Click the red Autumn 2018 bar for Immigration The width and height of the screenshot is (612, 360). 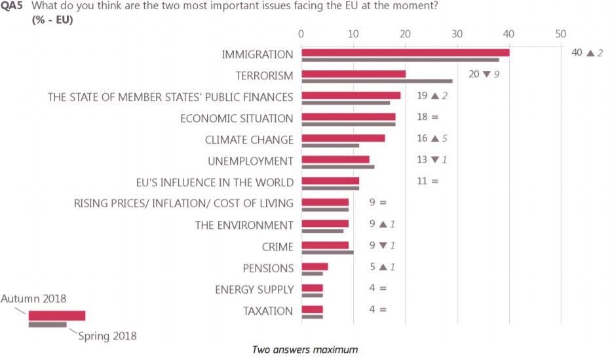point(405,52)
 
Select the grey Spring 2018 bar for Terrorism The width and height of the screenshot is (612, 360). point(376,81)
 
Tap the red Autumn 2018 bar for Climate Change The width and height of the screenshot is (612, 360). point(343,138)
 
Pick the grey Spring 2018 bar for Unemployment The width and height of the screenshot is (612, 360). point(337,167)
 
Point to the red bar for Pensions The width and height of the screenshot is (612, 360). point(315,266)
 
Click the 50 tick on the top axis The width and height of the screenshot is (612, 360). point(560,33)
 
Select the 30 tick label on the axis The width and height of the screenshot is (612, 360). point(457,33)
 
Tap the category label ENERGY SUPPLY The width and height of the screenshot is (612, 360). point(254,289)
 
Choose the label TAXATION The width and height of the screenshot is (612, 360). point(268,310)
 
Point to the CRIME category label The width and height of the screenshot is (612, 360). point(277,247)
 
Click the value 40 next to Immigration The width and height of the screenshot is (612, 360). point(577,52)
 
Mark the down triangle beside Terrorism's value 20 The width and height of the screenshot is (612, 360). point(486,74)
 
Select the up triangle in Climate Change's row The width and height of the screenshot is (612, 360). point(434,138)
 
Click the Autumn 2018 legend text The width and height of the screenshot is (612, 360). point(33,298)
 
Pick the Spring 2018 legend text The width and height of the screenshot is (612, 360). point(107,336)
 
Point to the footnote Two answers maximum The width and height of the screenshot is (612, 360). point(305,350)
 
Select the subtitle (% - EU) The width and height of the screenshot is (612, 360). point(52,19)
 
